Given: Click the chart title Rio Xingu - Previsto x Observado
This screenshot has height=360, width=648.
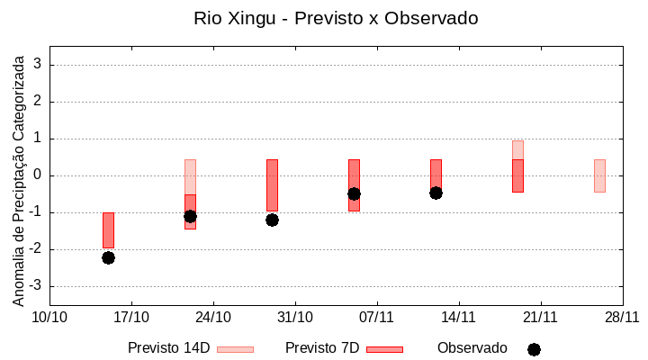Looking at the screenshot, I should [x=336, y=18].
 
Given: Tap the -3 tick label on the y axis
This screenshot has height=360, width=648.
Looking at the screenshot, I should [x=36, y=286].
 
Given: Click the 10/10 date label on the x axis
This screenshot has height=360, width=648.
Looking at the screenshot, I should [x=50, y=317].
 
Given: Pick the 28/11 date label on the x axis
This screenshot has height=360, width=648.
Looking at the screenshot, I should [x=622, y=317].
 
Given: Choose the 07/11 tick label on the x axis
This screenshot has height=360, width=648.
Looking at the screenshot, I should [x=377, y=317].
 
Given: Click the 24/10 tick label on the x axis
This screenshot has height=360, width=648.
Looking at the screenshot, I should [x=213, y=317].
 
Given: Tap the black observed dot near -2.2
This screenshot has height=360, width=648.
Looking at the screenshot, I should [x=108, y=257].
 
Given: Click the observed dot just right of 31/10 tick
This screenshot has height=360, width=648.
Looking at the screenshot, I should [x=354, y=193].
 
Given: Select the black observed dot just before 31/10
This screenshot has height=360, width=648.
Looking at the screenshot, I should [x=272, y=220].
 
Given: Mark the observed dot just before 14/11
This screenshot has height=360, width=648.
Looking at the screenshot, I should [x=436, y=193].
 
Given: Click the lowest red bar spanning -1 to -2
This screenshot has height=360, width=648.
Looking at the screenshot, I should [x=108, y=229].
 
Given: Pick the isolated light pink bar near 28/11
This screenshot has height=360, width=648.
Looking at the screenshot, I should [x=599, y=175].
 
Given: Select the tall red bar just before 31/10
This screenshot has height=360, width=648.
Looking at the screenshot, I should [x=272, y=184].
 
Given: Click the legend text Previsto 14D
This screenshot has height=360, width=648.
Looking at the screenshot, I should [x=169, y=348].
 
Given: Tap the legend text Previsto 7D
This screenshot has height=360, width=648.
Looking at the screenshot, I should [x=322, y=348].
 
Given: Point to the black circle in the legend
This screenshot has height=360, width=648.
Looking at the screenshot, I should [x=534, y=349].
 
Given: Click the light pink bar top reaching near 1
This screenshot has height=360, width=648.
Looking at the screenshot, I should [x=517, y=148].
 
